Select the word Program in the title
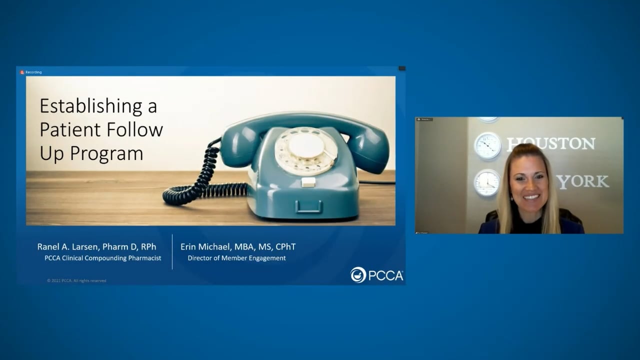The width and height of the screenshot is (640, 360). [106, 153]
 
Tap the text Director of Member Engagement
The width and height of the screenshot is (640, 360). [236, 258]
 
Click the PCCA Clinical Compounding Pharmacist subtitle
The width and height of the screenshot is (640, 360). [102, 258]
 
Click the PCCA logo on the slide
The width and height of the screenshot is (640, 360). [376, 275]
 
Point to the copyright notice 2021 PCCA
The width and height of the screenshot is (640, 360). [76, 280]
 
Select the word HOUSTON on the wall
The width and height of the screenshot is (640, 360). [551, 144]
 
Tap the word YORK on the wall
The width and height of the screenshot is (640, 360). [583, 181]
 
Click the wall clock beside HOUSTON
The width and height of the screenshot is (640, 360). [487, 145]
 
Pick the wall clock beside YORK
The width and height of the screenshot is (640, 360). [486, 183]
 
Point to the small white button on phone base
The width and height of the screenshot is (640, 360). [308, 182]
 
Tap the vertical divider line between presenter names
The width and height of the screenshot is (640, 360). [172, 252]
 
